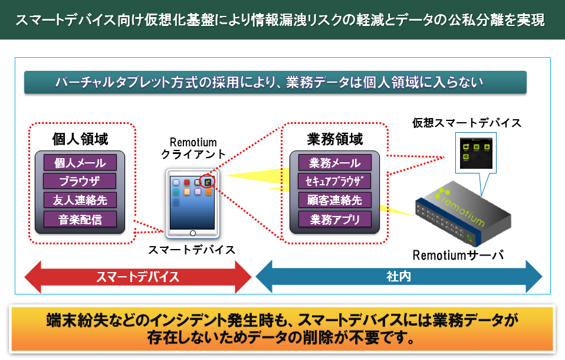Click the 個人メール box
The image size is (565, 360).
[x=80, y=163]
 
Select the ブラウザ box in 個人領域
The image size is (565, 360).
[x=80, y=181]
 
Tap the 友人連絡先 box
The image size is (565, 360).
[x=80, y=200]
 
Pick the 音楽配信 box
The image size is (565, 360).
[x=80, y=220]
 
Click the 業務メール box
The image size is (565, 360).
[x=334, y=163]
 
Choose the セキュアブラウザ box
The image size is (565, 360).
[x=334, y=181]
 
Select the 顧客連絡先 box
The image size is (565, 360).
[x=334, y=200]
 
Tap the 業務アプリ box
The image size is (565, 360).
[x=334, y=220]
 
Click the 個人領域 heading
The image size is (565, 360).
[x=80, y=139]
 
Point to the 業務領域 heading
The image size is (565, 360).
[x=335, y=139]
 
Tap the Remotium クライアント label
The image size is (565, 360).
[x=193, y=148]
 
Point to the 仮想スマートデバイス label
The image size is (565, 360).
[x=466, y=123]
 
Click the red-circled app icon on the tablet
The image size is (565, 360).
[x=207, y=182]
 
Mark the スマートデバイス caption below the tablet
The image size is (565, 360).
[x=192, y=250]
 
